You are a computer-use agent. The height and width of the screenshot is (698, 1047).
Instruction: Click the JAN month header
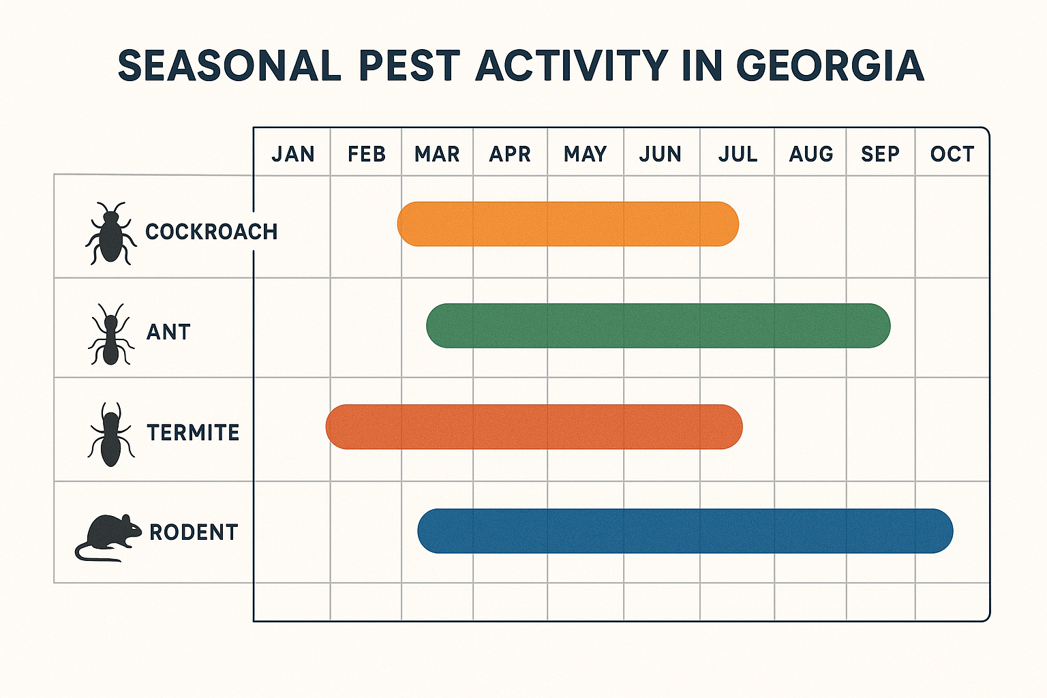293,154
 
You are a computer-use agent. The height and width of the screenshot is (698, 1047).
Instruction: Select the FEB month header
367,154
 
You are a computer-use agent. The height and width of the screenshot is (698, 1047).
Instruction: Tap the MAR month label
437,154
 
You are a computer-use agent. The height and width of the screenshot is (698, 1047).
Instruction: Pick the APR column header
510,154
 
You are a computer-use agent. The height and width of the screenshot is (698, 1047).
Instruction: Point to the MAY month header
585,154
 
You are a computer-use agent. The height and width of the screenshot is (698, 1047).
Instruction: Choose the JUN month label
660,154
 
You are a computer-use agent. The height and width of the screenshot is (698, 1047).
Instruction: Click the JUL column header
738,154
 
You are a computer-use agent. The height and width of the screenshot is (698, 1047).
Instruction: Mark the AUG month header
810,154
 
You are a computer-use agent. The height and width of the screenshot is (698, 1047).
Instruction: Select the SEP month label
880,154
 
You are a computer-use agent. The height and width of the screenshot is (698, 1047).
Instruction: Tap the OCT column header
952,154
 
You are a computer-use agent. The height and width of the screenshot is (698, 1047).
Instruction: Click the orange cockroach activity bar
568,224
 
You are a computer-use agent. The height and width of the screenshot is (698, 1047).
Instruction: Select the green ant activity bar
658,326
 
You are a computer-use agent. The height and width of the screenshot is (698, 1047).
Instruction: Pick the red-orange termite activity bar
534,427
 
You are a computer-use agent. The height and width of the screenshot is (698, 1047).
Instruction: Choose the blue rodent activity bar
685,531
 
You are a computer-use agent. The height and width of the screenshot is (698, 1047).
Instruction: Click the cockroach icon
110,232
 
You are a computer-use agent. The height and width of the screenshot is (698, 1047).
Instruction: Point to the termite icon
110,434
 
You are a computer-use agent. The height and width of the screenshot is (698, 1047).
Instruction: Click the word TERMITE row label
193,433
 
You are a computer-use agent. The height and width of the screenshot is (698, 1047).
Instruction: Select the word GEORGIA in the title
830,65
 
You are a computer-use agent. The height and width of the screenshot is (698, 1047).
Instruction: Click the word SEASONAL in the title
229,65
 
